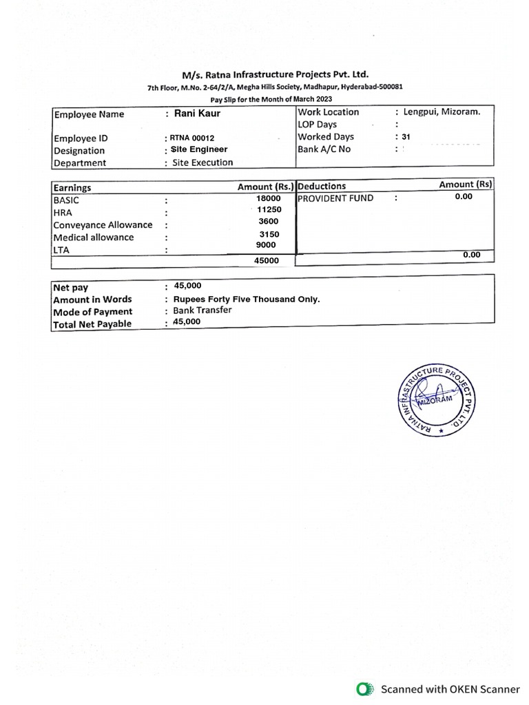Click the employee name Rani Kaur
pyautogui.click(x=197, y=113)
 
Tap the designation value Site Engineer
pyautogui.click(x=200, y=149)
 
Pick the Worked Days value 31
pyautogui.click(x=406, y=137)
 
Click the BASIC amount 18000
pyautogui.click(x=268, y=198)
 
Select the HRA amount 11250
pyautogui.click(x=269, y=209)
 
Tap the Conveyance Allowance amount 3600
pyautogui.click(x=268, y=221)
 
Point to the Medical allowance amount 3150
pyautogui.click(x=269, y=234)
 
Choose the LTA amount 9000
pyautogui.click(x=265, y=245)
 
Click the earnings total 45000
pyautogui.click(x=267, y=261)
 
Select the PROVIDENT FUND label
pyautogui.click(x=335, y=198)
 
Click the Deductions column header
pyautogui.click(x=322, y=186)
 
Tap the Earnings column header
pyautogui.click(x=72, y=187)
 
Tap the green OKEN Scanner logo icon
pyautogui.click(x=363, y=688)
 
